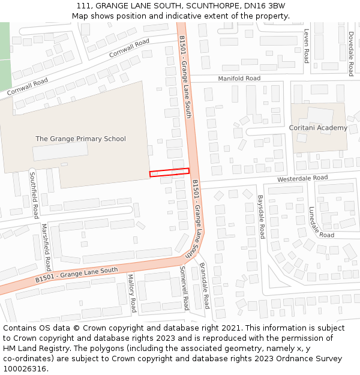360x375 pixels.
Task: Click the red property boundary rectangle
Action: click(169, 173)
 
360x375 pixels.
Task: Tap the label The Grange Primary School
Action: click(80, 139)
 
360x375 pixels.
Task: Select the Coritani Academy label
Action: click(318, 128)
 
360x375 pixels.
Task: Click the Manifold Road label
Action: click(239, 79)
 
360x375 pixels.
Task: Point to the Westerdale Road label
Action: click(302, 178)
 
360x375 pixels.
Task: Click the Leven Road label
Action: click(306, 46)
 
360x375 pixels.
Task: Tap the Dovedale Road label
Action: click(351, 54)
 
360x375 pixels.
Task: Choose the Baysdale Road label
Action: click(260, 217)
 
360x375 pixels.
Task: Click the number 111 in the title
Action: click(83, 5)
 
